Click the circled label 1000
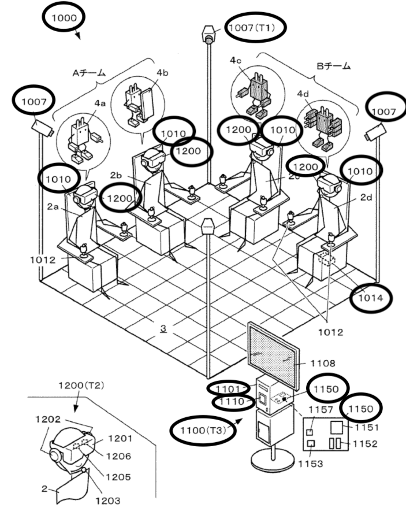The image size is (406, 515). click(x=64, y=18)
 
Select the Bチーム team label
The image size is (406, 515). click(x=333, y=66)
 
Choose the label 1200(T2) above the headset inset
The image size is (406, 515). click(x=81, y=385)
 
